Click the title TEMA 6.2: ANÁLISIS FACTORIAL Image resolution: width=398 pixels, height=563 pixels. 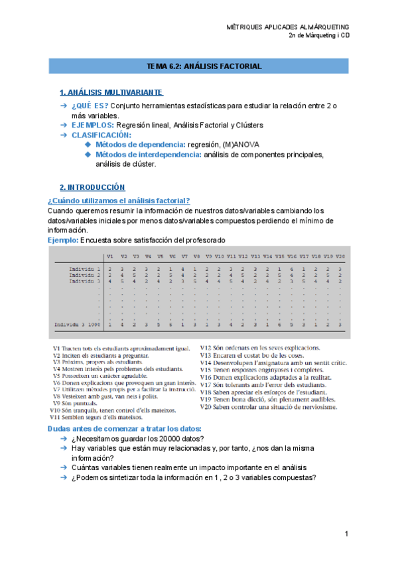(x=204, y=66)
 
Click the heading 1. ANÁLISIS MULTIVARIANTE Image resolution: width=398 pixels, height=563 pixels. (x=111, y=92)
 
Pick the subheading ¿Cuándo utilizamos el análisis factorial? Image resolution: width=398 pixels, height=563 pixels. (x=119, y=201)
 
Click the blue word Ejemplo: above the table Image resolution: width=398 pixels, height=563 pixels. (x=62, y=240)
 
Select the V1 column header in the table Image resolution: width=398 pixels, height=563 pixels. (x=110, y=256)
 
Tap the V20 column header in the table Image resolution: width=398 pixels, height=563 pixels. (x=340, y=256)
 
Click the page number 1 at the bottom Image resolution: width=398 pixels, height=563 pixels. (x=346, y=534)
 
